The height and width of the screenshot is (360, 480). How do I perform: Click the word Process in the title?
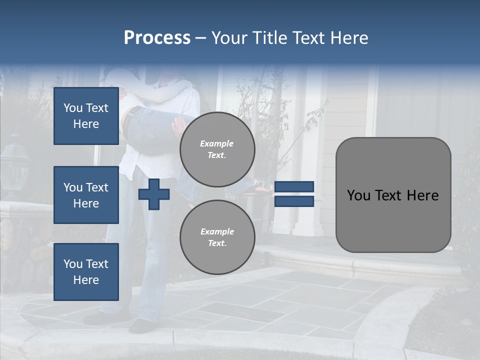coord(157,38)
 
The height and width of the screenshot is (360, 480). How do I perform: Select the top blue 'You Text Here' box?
coord(86,116)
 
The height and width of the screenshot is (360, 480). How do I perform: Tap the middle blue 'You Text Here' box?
coord(86,195)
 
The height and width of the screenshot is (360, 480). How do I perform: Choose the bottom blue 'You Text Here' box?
coord(86,272)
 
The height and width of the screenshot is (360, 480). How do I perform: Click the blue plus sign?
coord(154,194)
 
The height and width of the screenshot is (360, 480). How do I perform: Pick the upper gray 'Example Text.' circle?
coord(217,149)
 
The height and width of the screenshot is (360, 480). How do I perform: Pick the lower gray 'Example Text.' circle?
coord(217,237)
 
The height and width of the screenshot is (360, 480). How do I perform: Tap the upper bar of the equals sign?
coord(294,187)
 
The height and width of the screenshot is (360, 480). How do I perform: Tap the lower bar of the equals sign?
coord(294,201)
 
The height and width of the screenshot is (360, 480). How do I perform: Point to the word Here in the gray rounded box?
coord(422,195)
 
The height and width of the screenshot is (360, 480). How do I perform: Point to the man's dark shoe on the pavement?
coord(142,325)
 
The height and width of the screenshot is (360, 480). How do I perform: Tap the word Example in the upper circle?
coord(217,143)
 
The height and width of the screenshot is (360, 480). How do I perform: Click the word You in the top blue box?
coord(72,108)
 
